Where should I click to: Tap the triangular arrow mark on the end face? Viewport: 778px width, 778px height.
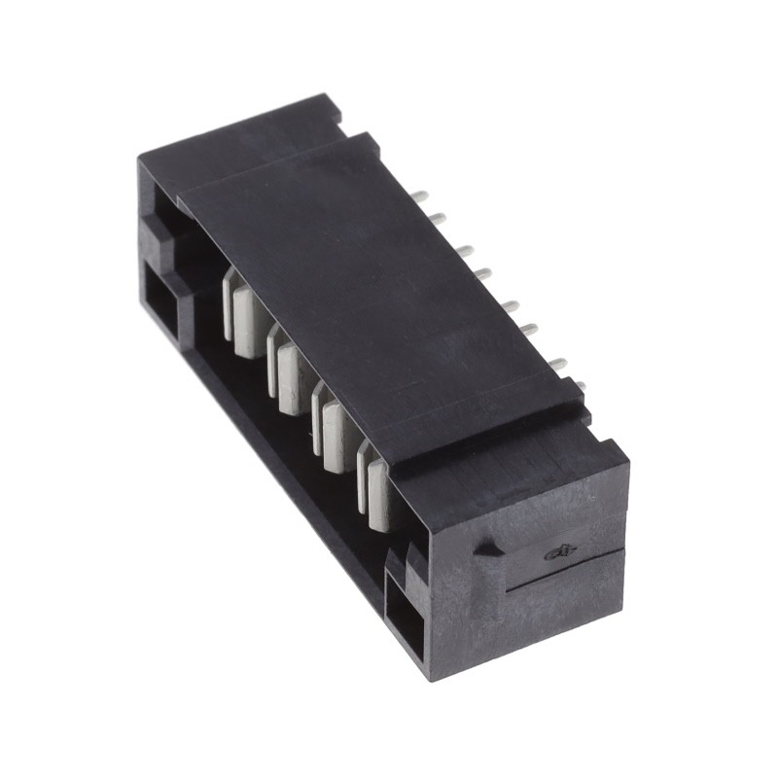[x=485, y=549]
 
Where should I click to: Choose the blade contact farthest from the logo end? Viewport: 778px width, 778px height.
[x=242, y=311]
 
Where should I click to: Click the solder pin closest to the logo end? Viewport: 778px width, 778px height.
[x=581, y=386]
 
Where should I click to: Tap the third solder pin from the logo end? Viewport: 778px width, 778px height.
[x=530, y=329]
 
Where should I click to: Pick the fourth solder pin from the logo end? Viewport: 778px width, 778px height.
[x=508, y=305]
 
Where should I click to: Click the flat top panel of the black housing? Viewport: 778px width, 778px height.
[x=370, y=272]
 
